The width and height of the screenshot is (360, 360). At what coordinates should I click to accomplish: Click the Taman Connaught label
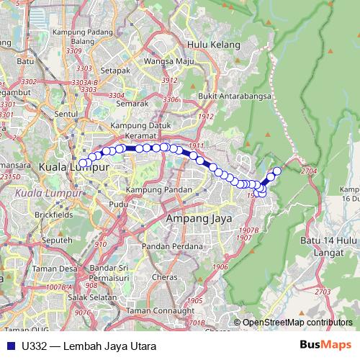pos(150,310)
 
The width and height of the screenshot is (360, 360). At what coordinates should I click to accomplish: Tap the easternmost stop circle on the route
pos(277,170)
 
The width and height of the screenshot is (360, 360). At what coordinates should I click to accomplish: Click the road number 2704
pos(310,171)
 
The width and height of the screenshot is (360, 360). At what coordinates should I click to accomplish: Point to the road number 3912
pos(170,80)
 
